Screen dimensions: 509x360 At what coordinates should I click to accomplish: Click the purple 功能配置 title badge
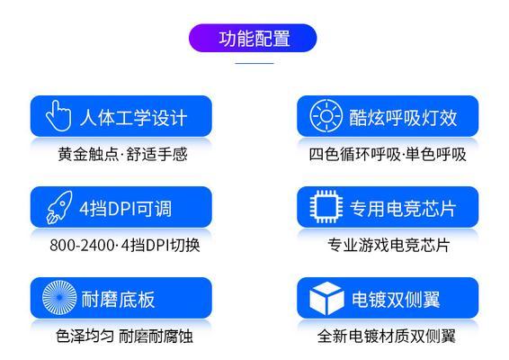coord(253,38)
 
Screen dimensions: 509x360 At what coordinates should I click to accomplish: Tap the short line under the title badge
coord(254,63)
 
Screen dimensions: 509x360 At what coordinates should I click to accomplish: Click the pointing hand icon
coord(58,116)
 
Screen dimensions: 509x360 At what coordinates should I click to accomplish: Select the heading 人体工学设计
coord(133,117)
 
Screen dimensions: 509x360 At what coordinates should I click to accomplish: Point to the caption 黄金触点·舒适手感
coord(122,154)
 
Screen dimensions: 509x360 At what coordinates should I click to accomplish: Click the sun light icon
coord(326,116)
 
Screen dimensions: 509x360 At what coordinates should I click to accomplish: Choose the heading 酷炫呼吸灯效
coord(403,117)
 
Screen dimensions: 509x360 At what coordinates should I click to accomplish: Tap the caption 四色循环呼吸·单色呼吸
coord(388,154)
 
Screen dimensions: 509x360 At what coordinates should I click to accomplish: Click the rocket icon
coord(59,207)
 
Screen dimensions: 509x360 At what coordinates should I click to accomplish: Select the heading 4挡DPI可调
coord(125,208)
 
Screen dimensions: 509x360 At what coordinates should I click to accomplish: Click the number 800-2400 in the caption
coord(82,246)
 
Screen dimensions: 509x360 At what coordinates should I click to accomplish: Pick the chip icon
coord(326,207)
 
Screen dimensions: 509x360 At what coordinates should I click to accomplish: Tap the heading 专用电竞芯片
coord(403,208)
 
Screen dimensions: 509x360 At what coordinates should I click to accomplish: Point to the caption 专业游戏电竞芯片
coord(388,245)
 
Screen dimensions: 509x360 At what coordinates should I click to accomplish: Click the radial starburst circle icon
coord(59,297)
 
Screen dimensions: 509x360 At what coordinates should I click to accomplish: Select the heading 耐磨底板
coord(118,299)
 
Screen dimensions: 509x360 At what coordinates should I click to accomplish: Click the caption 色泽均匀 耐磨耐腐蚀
coord(124,336)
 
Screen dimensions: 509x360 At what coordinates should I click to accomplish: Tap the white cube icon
coord(326,298)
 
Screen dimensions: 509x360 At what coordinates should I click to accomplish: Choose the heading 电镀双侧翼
coord(396,299)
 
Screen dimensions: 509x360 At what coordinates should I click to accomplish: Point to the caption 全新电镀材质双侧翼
coord(387,336)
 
